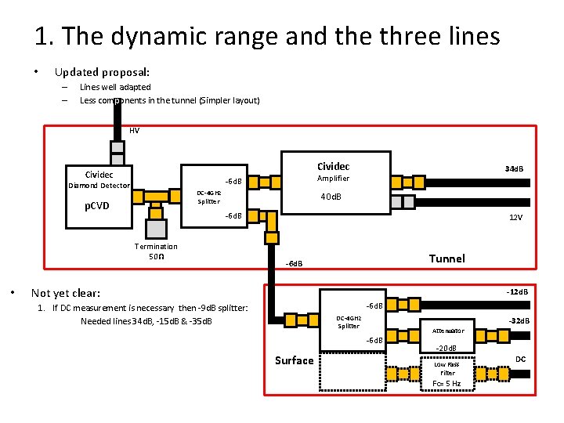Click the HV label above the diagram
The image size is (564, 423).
(134, 130)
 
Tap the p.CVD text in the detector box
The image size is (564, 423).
(96, 207)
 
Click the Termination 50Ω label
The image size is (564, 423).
(155, 251)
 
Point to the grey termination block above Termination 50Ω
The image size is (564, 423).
(156, 227)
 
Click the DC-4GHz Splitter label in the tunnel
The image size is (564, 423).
(208, 197)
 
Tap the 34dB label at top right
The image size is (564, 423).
(514, 169)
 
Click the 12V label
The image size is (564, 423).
(515, 218)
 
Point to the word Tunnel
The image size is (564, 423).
(446, 258)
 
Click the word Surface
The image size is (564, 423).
(294, 360)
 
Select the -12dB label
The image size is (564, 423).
(516, 292)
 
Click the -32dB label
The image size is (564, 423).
(519, 320)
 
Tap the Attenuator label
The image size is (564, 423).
(448, 331)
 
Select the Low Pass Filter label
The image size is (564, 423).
(447, 369)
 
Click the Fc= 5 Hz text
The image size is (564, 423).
(446, 384)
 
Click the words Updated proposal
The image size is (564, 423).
(102, 72)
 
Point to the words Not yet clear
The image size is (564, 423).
(66, 293)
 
